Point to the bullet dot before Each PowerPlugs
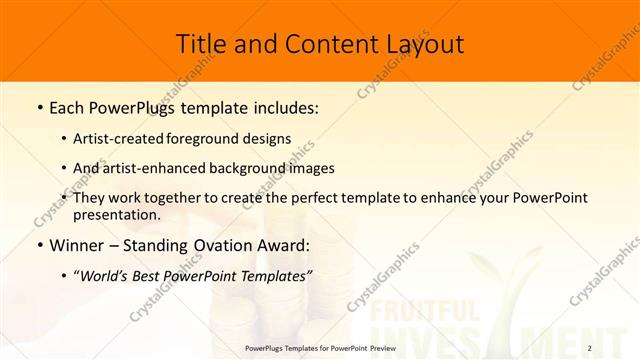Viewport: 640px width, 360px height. (x=39, y=107)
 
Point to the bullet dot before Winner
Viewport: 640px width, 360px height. (x=39, y=246)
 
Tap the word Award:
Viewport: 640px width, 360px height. (x=282, y=245)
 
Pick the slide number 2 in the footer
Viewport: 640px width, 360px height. (x=618, y=349)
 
